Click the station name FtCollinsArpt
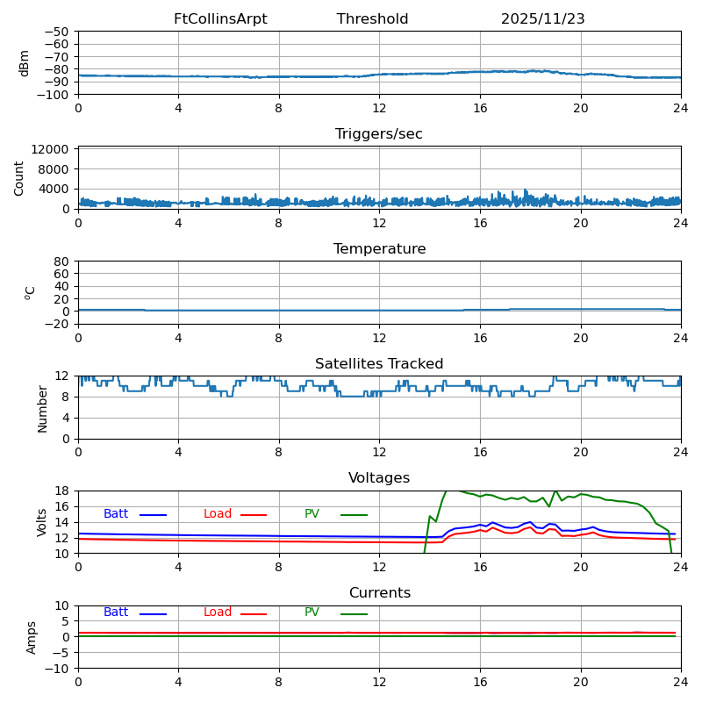pyautogui.click(x=220, y=19)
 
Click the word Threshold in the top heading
pyautogui.click(x=372, y=19)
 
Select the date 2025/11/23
pyautogui.click(x=542, y=19)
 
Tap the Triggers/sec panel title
pyautogui.click(x=379, y=134)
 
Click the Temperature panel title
pyautogui.click(x=379, y=249)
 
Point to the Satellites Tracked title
pyautogui.click(x=379, y=364)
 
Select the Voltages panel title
pyautogui.click(x=379, y=478)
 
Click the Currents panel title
pyautogui.click(x=379, y=593)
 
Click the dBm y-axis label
pyautogui.click(x=25, y=63)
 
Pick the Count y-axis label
pyautogui.click(x=19, y=177)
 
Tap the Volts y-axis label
pyautogui.click(x=42, y=522)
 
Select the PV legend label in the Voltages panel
pyautogui.click(x=312, y=514)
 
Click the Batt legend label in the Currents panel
pyautogui.click(x=116, y=612)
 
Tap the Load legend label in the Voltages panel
pyautogui.click(x=218, y=514)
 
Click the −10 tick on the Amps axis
pyautogui.click(x=58, y=669)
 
